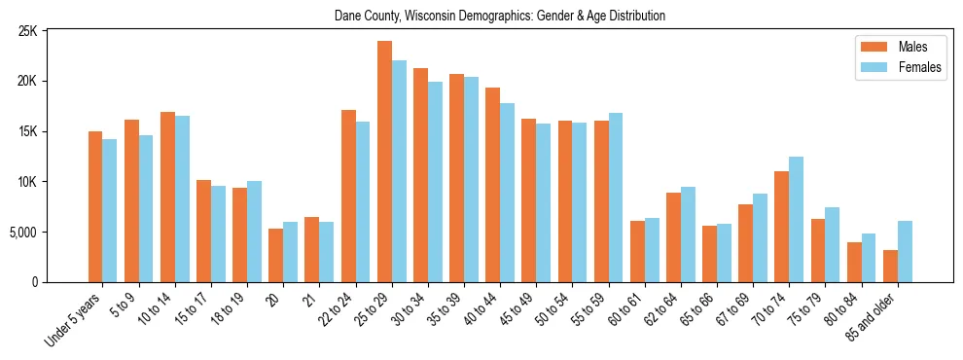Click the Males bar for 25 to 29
(384, 162)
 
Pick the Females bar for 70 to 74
(796, 219)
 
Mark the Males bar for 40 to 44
(492, 185)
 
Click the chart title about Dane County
(500, 16)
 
